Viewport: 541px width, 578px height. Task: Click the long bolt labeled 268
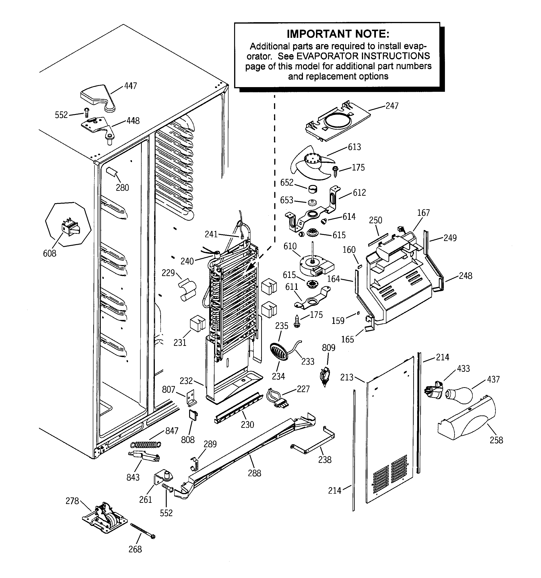click(x=142, y=531)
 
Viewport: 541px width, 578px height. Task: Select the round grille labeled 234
click(x=279, y=351)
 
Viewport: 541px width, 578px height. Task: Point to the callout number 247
click(x=392, y=106)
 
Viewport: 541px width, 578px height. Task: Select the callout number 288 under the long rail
click(x=254, y=473)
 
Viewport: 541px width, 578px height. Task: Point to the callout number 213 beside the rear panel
click(x=347, y=377)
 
